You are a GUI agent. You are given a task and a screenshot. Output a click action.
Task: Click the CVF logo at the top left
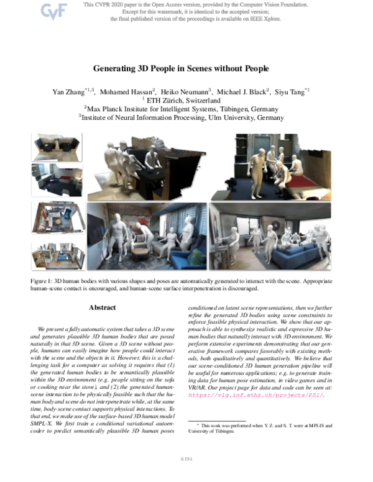coord(53,11)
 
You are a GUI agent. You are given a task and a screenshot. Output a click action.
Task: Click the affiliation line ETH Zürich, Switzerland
coord(186,100)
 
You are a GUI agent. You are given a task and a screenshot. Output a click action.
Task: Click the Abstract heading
coord(102,307)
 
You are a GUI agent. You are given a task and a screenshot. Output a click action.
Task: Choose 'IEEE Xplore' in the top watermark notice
coord(267,19)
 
